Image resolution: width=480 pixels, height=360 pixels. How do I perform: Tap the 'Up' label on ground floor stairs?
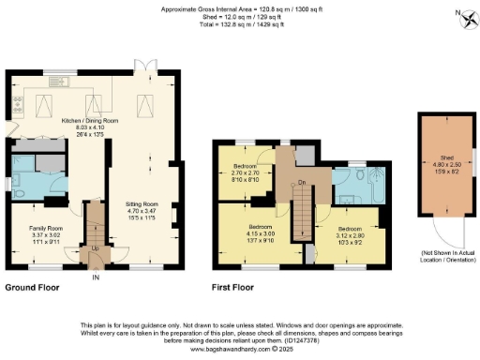[95, 248]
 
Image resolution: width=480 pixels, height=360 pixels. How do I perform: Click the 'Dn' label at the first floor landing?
[302, 181]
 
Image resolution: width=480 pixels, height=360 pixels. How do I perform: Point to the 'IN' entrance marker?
[95, 277]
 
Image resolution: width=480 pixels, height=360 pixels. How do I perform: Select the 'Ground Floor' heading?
[35, 286]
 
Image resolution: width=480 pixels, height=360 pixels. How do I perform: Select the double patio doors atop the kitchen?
[142, 67]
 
